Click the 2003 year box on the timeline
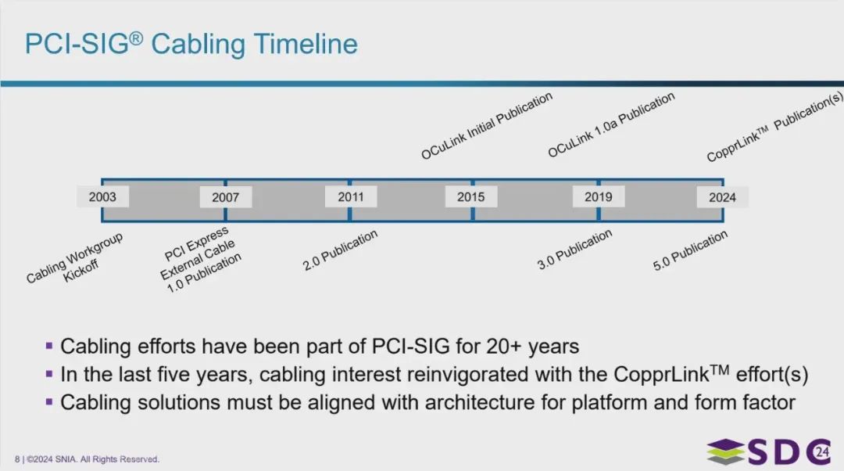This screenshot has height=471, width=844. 102,196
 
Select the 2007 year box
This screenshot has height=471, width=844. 225,196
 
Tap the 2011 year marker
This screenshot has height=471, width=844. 351,196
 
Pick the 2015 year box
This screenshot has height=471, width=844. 471,196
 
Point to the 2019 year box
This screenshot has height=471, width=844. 599,196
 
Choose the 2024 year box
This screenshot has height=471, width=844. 722,196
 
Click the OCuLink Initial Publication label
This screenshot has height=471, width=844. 487,126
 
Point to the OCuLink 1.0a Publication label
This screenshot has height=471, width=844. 611,125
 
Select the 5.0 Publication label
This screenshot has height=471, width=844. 690,251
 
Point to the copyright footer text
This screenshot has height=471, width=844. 87,458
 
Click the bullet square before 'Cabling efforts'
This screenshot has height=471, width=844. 49,344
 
